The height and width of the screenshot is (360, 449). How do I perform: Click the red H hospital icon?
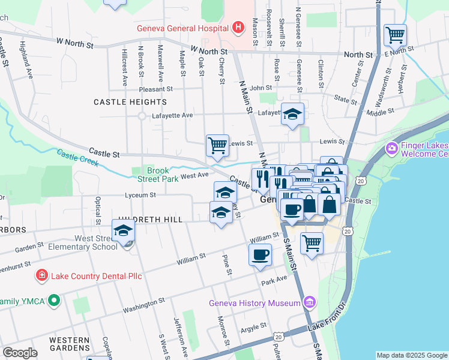point(238,27)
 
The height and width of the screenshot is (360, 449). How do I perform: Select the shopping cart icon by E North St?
point(395,35)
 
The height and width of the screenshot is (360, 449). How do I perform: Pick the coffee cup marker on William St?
point(260,254)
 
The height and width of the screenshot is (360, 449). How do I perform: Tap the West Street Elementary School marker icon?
point(123,230)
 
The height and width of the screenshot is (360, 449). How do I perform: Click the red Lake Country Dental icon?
point(41,275)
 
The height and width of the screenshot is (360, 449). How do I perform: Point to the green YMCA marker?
point(54,300)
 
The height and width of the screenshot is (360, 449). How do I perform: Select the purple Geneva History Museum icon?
point(309,302)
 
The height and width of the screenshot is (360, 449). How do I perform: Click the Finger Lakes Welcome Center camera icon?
point(392,148)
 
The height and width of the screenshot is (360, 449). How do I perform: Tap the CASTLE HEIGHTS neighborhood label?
point(130,103)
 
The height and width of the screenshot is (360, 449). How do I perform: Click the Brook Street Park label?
point(159,175)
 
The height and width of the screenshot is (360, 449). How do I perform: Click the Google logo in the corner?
point(20,353)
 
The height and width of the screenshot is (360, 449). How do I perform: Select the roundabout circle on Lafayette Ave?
point(142,116)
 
